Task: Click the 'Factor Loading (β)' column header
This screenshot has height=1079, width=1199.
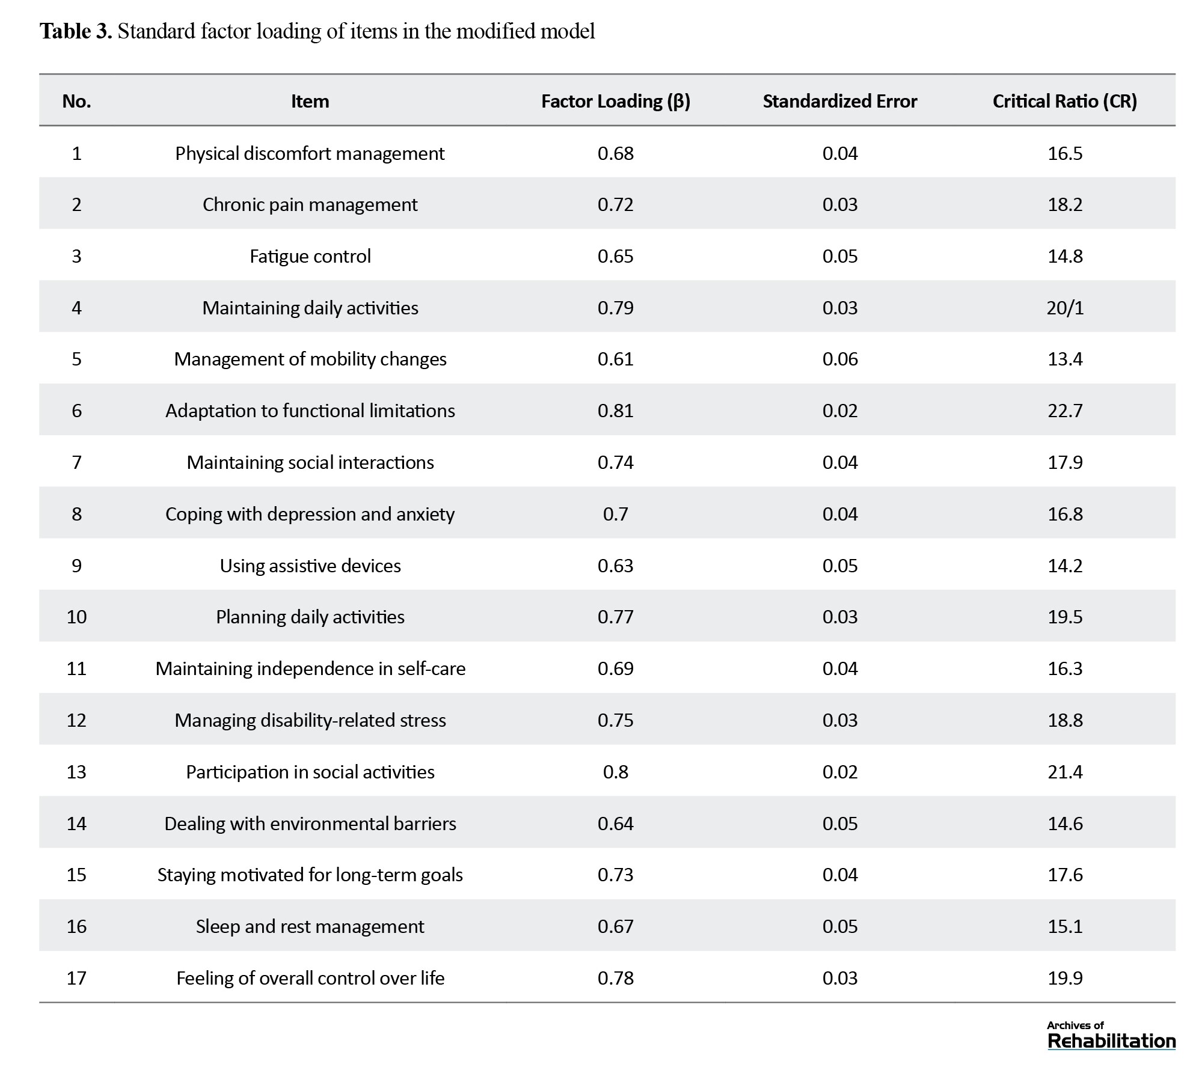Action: click(x=616, y=101)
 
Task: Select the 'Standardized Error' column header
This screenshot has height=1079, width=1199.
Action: click(x=840, y=101)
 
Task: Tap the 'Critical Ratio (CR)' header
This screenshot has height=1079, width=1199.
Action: click(x=1065, y=101)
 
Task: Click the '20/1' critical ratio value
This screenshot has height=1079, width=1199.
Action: click(x=1065, y=308)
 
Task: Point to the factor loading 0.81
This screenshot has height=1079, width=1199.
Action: click(x=616, y=411)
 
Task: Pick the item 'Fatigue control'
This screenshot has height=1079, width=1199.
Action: click(x=310, y=257)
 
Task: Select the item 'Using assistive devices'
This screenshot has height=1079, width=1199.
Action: click(x=310, y=566)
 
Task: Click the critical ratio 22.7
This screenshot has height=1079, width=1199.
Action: click(x=1065, y=411)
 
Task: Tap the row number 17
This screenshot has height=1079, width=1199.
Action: click(x=76, y=978)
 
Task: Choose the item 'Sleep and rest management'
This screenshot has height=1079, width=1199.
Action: click(x=310, y=926)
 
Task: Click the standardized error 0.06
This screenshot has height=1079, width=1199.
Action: click(x=840, y=359)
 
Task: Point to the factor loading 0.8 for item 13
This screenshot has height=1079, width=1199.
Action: click(x=616, y=772)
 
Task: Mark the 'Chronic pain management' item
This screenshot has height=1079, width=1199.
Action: click(x=310, y=205)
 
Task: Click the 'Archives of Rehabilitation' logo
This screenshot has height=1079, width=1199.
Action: click(x=1111, y=1036)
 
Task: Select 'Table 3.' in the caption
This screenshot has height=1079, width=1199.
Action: click(x=76, y=31)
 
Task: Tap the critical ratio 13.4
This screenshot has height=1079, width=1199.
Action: click(x=1065, y=359)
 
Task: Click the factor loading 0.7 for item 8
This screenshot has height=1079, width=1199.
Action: click(x=616, y=514)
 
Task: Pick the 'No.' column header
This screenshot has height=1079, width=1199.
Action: click(x=76, y=101)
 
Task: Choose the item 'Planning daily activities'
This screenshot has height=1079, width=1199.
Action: click(x=310, y=617)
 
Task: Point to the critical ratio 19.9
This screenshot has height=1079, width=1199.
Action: click(x=1065, y=978)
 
